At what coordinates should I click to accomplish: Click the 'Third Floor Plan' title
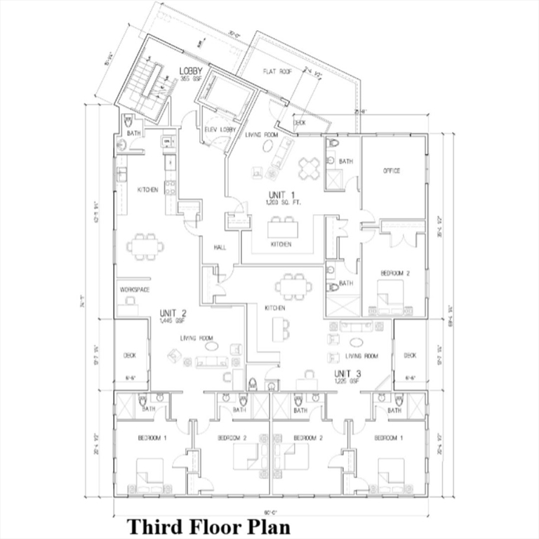[208, 526]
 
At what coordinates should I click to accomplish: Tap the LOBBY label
[191, 72]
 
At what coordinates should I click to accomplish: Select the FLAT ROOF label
[277, 72]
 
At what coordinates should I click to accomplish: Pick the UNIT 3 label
[347, 373]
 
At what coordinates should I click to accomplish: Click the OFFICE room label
[392, 171]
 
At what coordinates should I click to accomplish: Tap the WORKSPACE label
[135, 289]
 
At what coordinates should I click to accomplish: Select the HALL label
[219, 246]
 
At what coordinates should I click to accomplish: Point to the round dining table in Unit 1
[310, 167]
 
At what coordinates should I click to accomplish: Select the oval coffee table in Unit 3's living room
[356, 342]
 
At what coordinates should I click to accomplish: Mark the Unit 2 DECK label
[130, 355]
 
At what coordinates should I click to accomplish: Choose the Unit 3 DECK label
[410, 355]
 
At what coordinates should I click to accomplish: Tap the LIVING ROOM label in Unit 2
[197, 338]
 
